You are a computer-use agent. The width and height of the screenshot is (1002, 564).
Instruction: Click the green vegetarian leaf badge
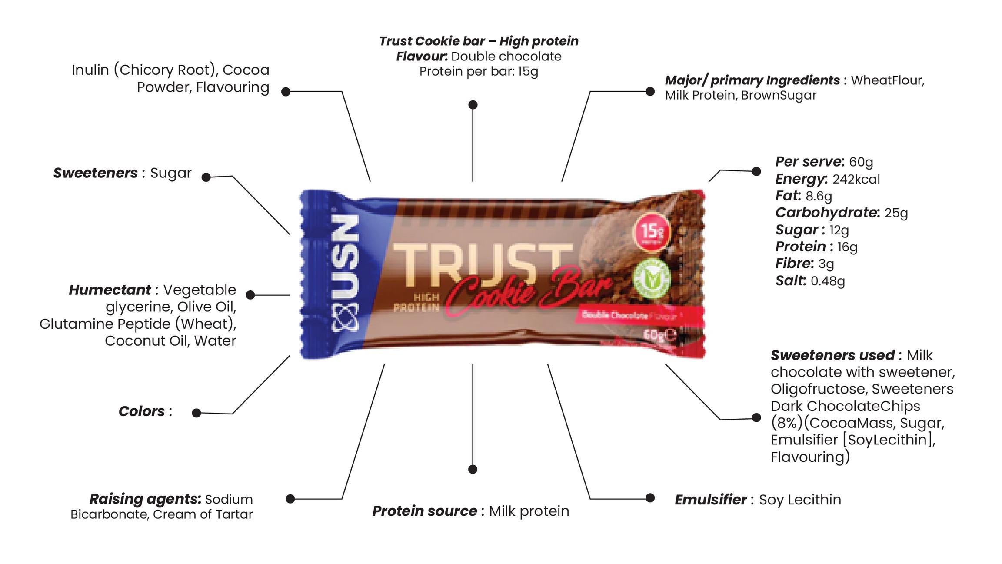click(651, 279)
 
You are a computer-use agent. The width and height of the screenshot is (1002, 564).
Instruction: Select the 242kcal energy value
click(856, 179)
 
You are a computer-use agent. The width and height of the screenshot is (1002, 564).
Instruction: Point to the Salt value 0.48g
click(827, 281)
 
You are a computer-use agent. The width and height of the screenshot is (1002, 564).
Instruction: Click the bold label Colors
click(142, 411)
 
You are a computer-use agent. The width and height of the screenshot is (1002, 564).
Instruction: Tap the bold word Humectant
click(110, 290)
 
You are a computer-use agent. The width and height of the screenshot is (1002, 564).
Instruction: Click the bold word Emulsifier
click(710, 500)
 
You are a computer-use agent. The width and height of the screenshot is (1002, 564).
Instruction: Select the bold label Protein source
click(424, 511)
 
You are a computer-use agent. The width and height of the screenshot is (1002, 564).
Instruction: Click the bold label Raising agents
click(145, 499)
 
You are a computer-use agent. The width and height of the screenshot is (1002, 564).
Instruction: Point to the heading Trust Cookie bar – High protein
click(479, 41)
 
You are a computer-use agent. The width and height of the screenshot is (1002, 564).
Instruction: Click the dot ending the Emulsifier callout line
click(650, 498)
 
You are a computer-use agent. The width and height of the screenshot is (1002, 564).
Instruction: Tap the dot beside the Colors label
click(196, 413)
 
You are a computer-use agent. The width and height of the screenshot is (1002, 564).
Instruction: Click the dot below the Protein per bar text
click(473, 105)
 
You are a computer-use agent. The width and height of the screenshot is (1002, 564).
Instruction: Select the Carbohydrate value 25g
click(896, 213)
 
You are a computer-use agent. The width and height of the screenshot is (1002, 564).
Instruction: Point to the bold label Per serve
click(809, 162)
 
